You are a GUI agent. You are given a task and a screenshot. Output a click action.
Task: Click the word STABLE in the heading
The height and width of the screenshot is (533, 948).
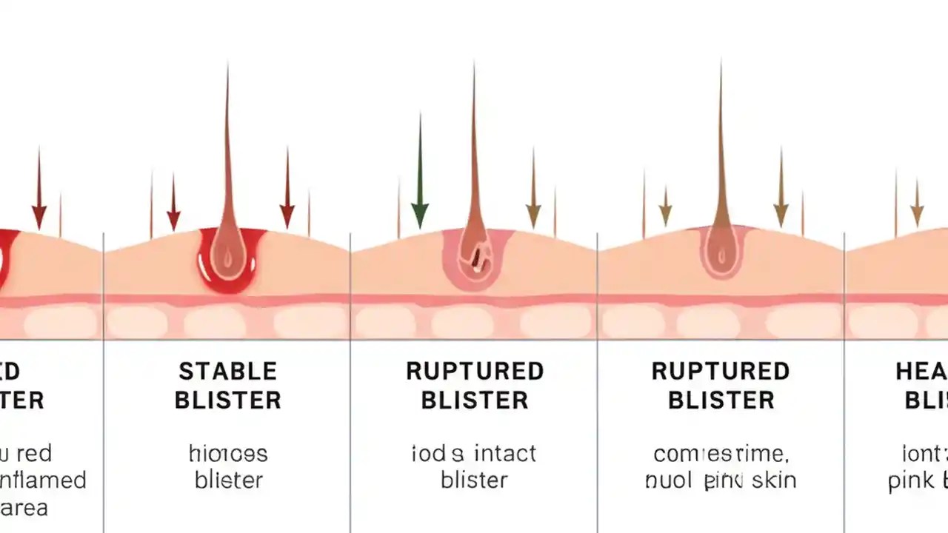click(227, 371)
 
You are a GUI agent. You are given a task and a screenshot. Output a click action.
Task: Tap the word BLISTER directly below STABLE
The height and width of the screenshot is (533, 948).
click(227, 400)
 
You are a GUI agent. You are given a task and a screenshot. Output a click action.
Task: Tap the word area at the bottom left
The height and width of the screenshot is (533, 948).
click(24, 508)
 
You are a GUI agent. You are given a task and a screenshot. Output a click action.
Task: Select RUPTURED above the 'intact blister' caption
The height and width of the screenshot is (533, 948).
click(475, 371)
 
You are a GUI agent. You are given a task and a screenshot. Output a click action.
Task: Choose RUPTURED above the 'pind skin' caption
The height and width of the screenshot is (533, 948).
click(721, 371)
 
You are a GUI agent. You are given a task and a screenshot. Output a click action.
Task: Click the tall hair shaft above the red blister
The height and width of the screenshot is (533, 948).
click(228, 148)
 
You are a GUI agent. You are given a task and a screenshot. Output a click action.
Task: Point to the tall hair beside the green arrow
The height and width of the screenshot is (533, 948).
click(474, 148)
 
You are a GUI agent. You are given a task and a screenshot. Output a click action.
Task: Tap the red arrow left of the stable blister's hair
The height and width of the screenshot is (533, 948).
click(173, 204)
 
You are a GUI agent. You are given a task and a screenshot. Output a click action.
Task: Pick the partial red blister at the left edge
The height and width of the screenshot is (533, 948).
click(6, 259)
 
